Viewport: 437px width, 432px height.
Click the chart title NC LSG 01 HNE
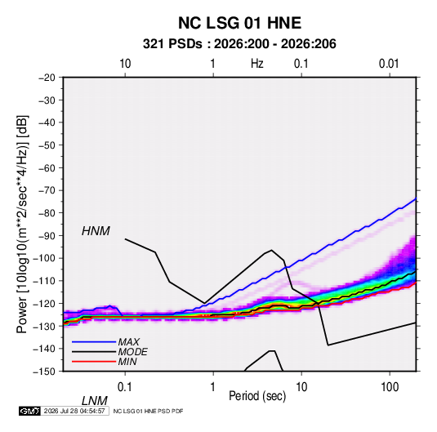(239, 23)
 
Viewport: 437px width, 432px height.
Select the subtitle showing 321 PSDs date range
(239, 44)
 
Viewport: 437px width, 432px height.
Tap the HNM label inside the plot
(96, 231)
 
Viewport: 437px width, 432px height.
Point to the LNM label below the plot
(94, 401)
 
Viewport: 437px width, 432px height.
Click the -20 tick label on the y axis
(47, 78)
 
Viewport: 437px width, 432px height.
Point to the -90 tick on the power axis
(47, 235)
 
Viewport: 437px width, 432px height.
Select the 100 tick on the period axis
(390, 387)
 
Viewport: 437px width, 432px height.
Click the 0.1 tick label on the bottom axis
(125, 387)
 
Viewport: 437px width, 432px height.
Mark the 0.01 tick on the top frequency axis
(389, 64)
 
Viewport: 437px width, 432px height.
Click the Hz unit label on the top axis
(257, 64)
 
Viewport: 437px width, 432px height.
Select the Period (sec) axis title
(257, 396)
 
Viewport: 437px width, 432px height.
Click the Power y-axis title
(22, 225)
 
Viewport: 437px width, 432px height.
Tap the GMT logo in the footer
(30, 411)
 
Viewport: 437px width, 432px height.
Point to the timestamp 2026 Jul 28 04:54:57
(74, 411)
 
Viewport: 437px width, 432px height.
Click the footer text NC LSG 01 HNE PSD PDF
(149, 411)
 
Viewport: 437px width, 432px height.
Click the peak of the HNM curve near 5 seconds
(271, 250)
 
